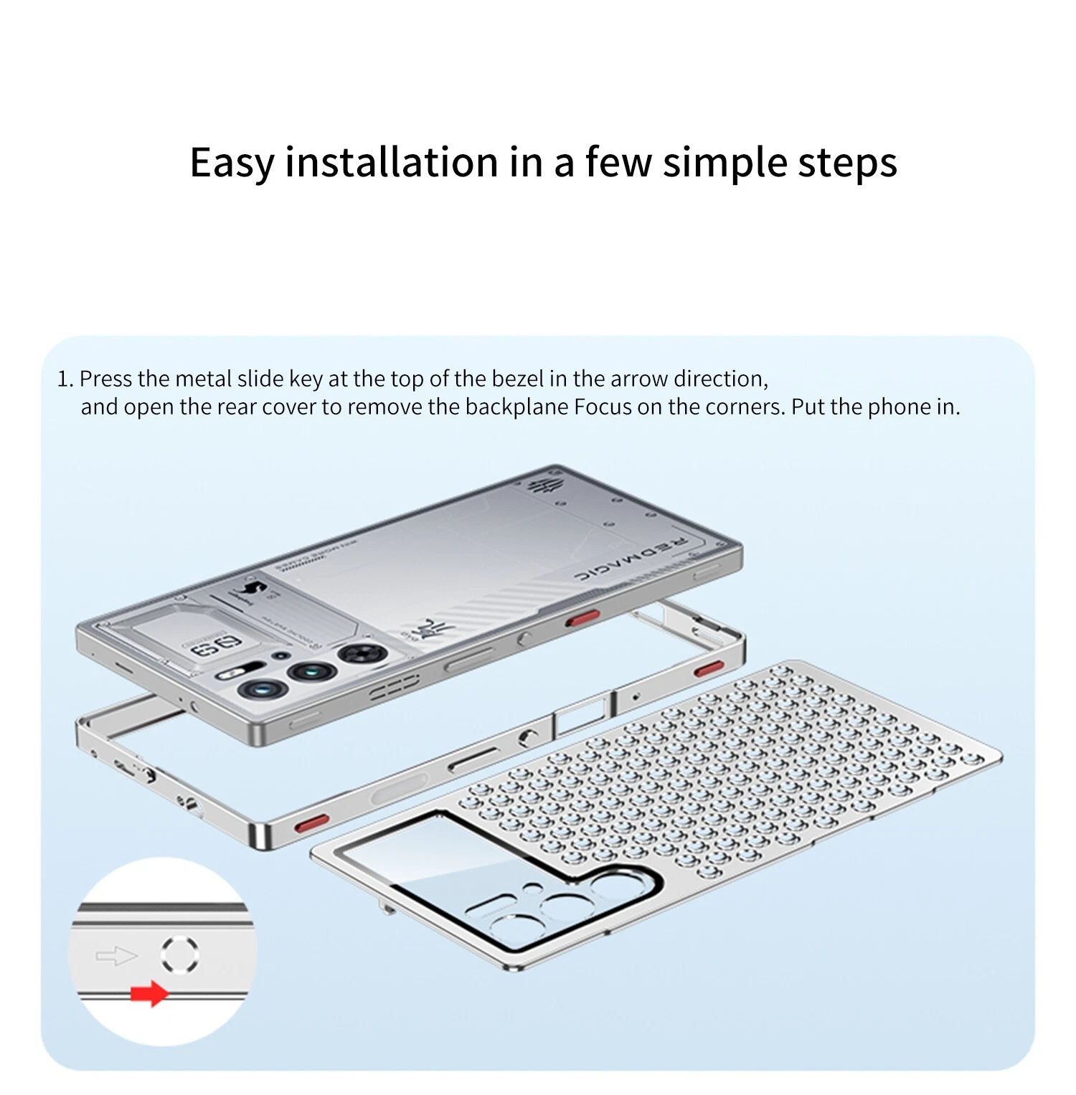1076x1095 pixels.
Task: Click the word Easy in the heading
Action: (231, 162)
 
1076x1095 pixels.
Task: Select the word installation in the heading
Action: (391, 162)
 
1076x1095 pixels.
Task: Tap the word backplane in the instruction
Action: (517, 407)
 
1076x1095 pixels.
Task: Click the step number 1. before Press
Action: (65, 379)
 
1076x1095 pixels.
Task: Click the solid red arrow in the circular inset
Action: (149, 994)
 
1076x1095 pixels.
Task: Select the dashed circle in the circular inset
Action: (180, 954)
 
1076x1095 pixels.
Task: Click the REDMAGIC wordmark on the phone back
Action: (631, 558)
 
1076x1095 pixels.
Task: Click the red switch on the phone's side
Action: (582, 618)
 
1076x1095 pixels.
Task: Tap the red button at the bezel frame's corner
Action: (312, 823)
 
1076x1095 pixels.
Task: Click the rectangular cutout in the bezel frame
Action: (582, 714)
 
